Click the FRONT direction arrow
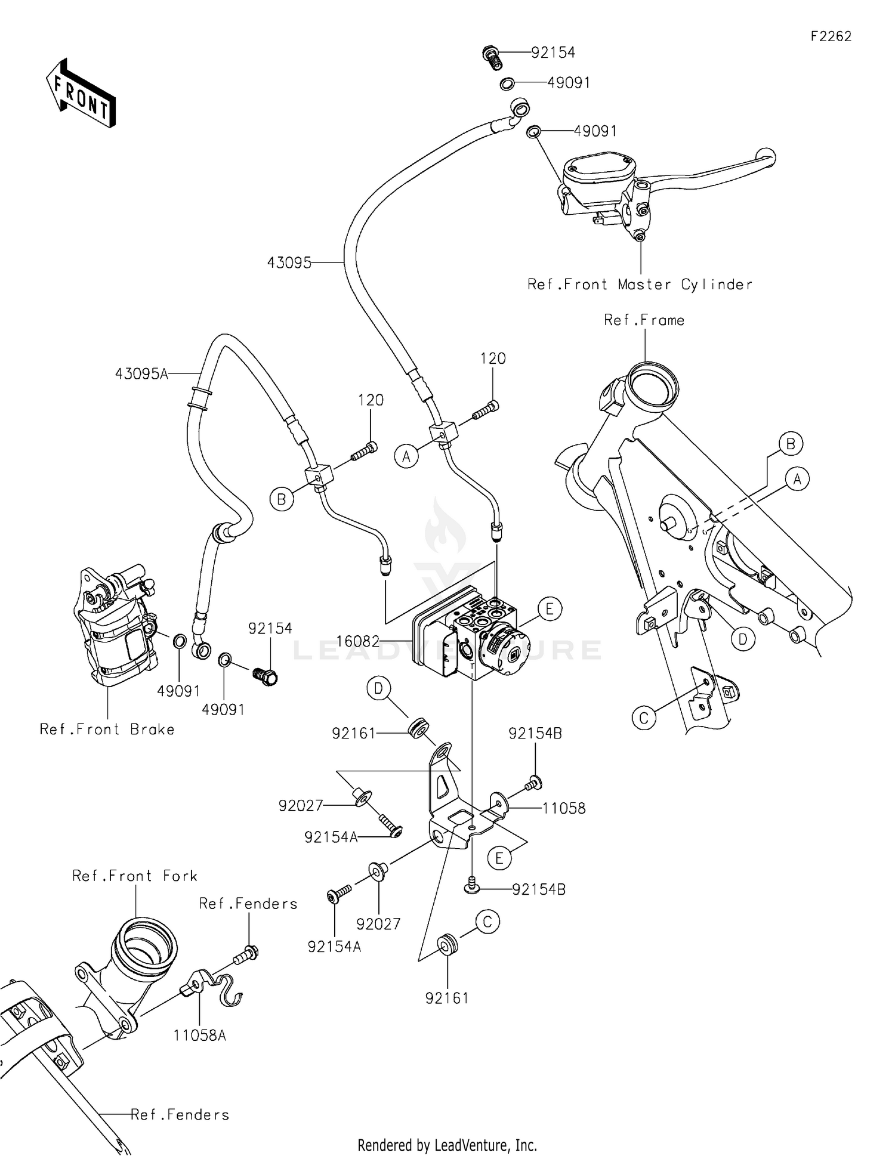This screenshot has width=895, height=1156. [81, 94]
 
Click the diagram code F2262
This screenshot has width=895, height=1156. [831, 36]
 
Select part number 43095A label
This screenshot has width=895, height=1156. [141, 374]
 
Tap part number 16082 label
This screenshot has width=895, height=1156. [357, 641]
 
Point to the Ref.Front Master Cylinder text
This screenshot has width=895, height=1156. [640, 285]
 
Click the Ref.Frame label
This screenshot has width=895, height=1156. [644, 320]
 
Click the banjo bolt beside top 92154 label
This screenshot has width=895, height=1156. [491, 56]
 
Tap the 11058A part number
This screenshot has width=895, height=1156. [200, 1035]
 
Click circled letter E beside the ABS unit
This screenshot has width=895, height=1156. [550, 609]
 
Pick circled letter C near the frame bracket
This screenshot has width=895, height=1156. [643, 718]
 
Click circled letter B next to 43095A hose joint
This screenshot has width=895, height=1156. [282, 499]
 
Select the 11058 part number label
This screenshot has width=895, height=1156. [563, 808]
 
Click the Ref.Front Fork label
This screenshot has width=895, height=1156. [135, 876]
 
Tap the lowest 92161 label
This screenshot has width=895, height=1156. [447, 998]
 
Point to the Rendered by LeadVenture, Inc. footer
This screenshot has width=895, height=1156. [447, 1145]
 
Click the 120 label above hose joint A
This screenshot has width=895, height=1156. [493, 358]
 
